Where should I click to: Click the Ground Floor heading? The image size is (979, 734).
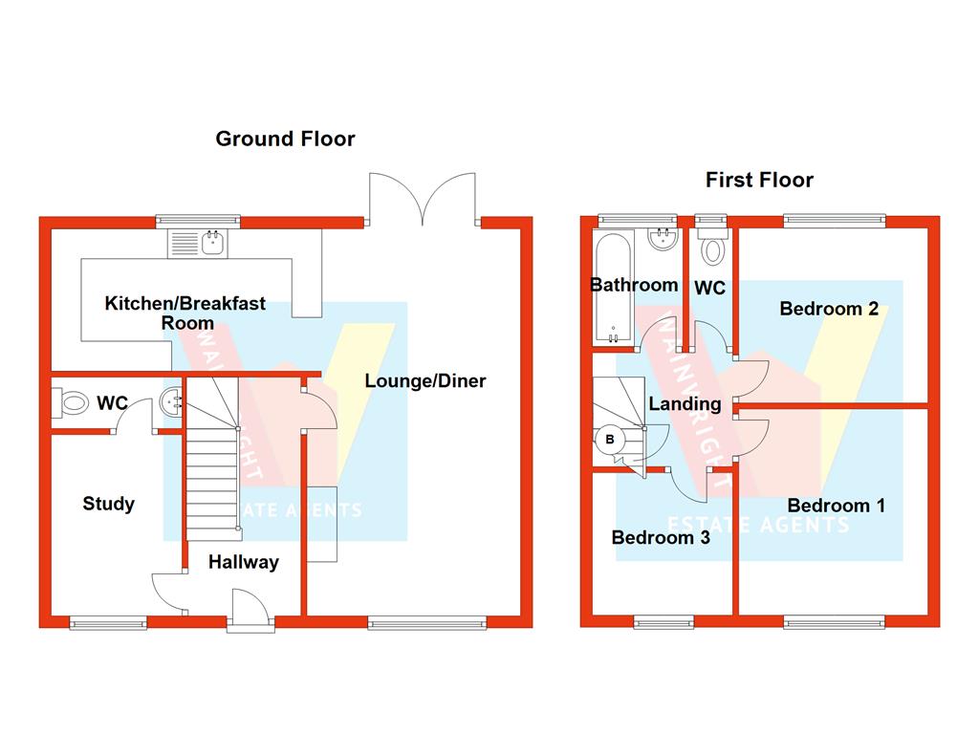pyautogui.click(x=285, y=139)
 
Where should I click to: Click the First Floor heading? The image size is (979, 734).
pyautogui.click(x=759, y=180)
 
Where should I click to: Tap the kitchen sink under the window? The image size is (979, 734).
pyautogui.click(x=196, y=244)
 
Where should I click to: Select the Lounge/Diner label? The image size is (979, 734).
pyautogui.click(x=425, y=381)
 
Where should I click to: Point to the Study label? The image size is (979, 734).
pyautogui.click(x=108, y=504)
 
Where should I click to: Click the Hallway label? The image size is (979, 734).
pyautogui.click(x=243, y=562)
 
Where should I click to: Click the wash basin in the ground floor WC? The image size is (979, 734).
pyautogui.click(x=172, y=402)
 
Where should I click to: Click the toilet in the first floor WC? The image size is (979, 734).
pyautogui.click(x=712, y=248)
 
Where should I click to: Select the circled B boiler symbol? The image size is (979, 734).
pyautogui.click(x=609, y=441)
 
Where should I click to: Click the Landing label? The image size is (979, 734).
pyautogui.click(x=685, y=404)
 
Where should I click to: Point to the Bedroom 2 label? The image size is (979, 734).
pyautogui.click(x=829, y=309)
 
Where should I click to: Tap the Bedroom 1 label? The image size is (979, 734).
pyautogui.click(x=836, y=505)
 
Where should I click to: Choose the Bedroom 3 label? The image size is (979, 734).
pyautogui.click(x=661, y=537)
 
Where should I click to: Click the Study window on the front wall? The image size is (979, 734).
pyautogui.click(x=108, y=622)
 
